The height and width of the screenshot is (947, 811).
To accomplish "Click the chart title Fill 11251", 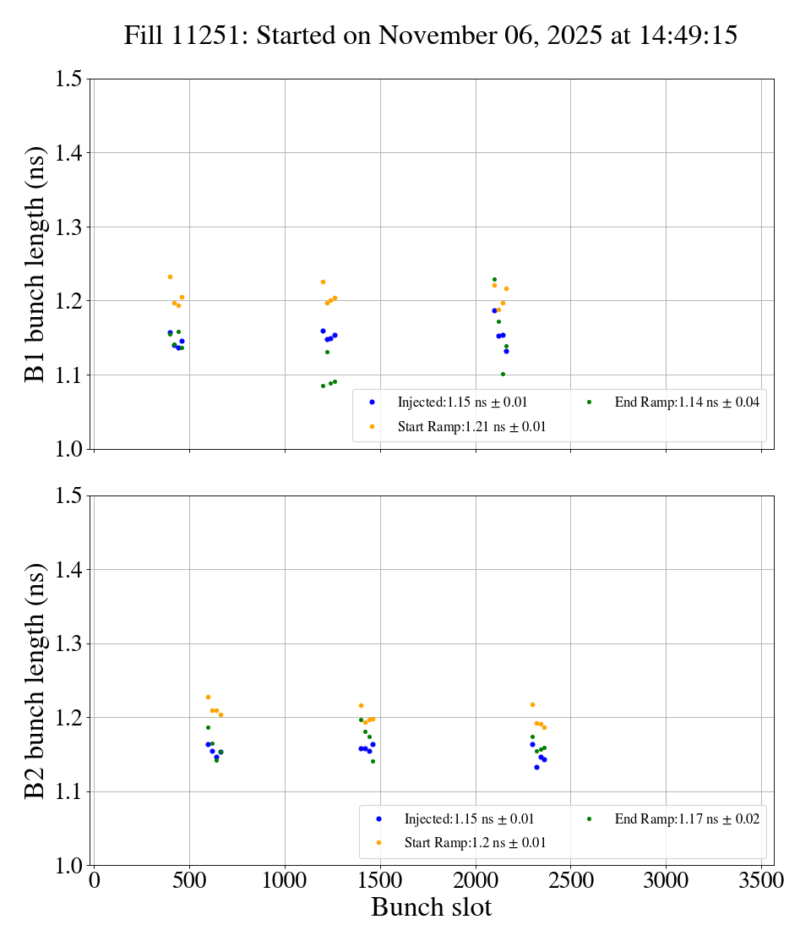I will pos(430,36).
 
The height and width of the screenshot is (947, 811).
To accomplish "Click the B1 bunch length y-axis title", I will pos(35,264).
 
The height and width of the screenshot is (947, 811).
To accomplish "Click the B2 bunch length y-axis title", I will pos(35,681).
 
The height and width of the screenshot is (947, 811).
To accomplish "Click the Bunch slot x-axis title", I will pos(431,907).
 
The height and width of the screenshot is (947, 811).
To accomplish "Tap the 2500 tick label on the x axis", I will pos(570,880).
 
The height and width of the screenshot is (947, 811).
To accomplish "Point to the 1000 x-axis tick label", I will pos(284,880).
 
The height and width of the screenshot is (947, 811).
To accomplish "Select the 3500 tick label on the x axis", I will pos(761,880).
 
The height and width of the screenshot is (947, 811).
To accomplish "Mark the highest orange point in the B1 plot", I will pos(170,276).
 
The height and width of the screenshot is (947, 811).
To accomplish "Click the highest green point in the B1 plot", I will pos(494,279).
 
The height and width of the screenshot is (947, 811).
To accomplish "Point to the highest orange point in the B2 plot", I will pos(208,697).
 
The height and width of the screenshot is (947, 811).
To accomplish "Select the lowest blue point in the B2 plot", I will pos(536,767).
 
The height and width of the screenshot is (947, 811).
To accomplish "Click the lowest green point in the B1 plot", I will pos(323,386).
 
